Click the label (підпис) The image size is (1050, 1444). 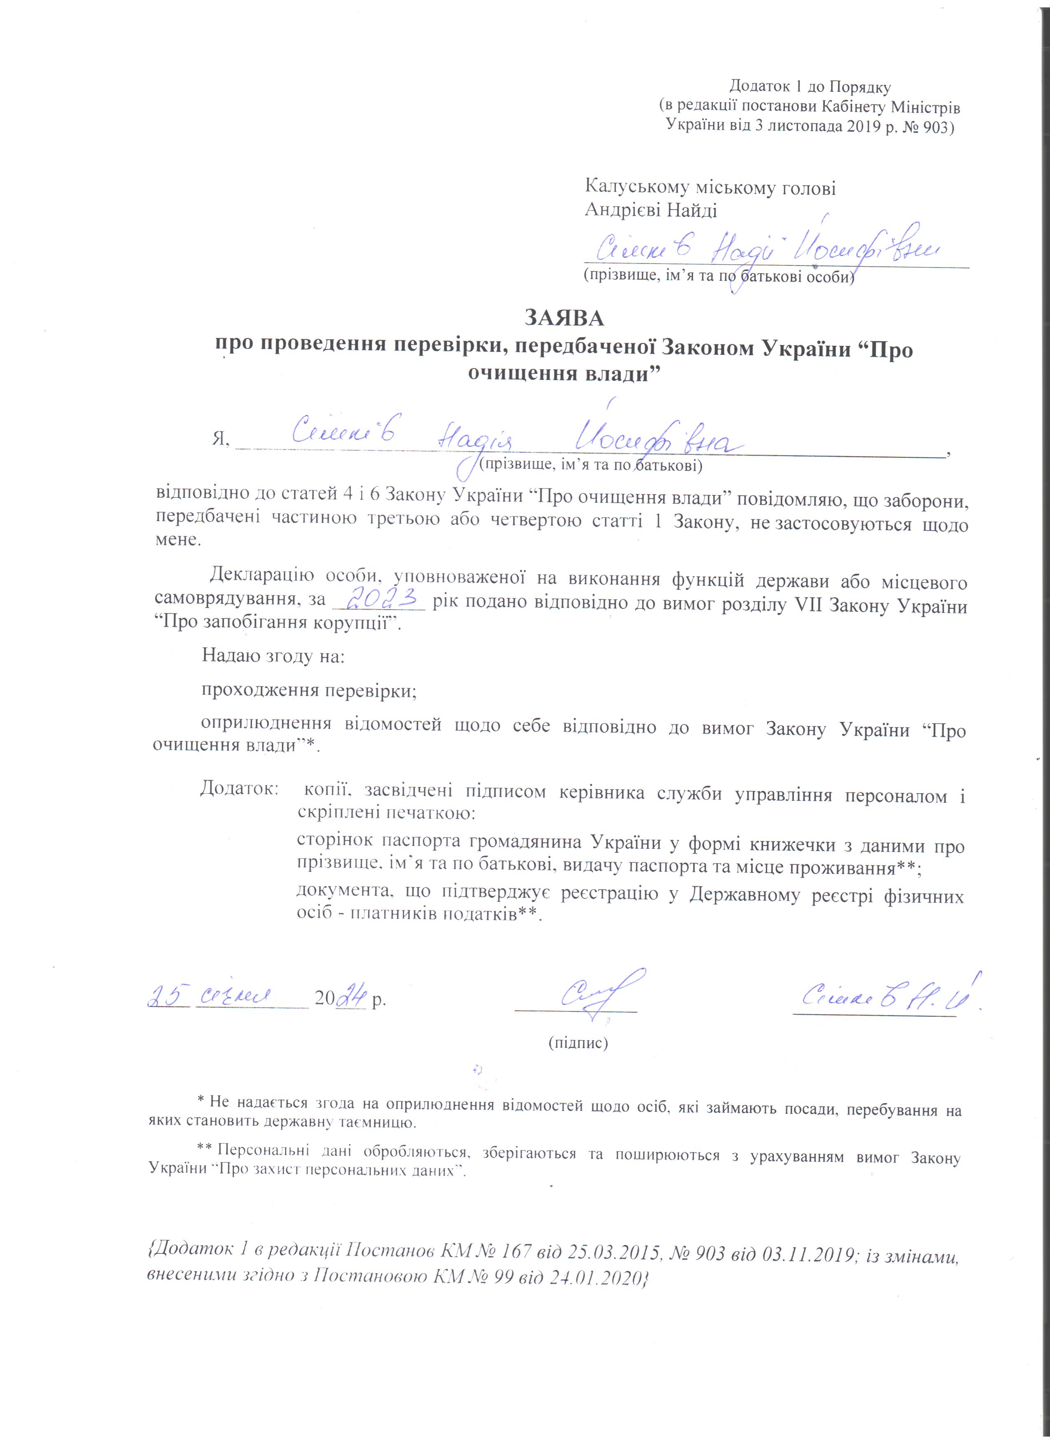click(578, 1043)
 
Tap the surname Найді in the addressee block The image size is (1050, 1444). click(691, 211)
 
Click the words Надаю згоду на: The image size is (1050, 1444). click(273, 656)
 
